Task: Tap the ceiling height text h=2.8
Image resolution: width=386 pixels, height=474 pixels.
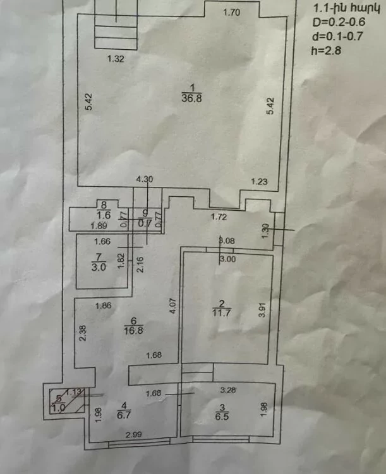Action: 326,52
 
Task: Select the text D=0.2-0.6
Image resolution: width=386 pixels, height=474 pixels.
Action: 339,23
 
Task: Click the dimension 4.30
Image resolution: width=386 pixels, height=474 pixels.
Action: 145,179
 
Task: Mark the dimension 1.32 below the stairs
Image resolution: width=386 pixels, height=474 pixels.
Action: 114,59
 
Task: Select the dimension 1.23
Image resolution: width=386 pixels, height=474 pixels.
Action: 260,181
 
